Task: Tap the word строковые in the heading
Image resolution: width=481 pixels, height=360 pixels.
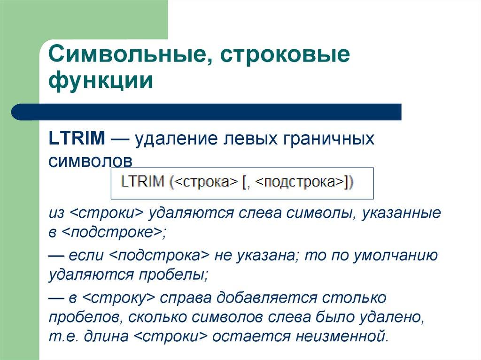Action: click(284, 55)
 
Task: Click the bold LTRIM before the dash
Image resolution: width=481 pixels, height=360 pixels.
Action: click(77, 138)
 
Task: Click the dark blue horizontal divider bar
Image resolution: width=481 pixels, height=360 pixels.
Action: click(207, 112)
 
